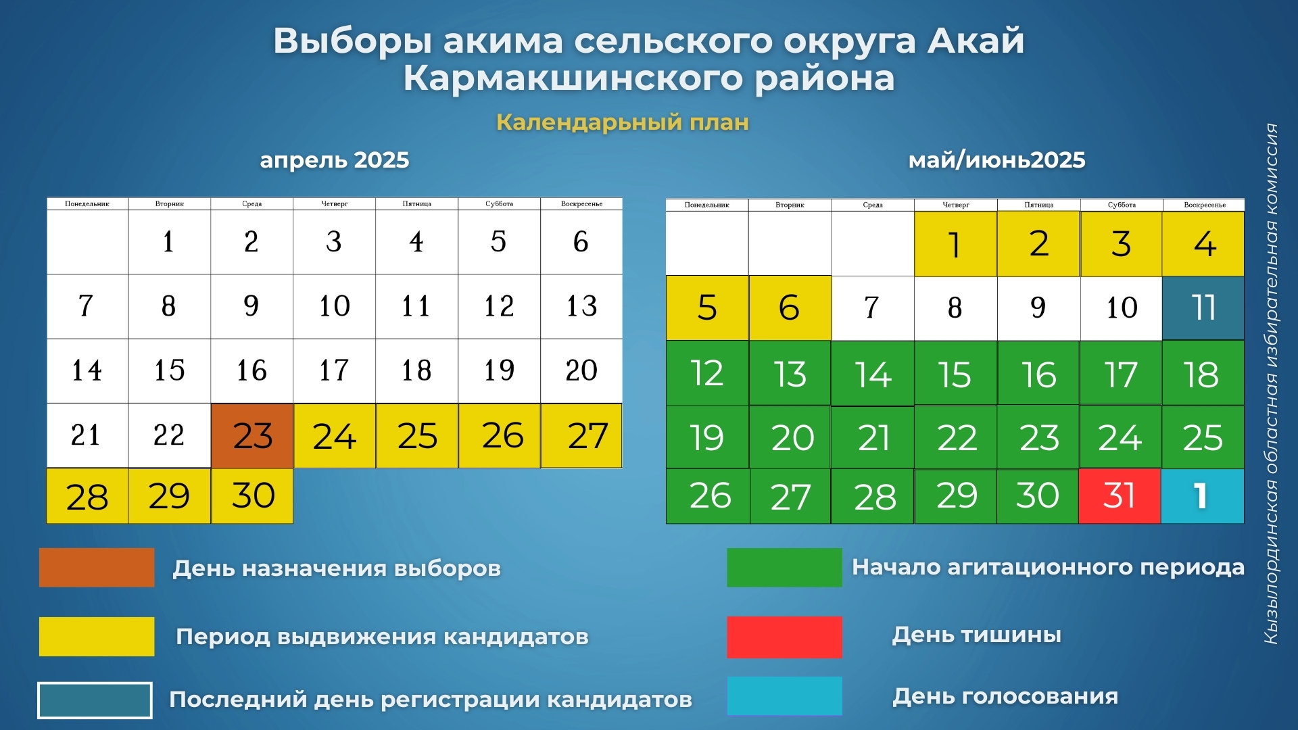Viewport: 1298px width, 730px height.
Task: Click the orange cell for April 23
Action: click(252, 436)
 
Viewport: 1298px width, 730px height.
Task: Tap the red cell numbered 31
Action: click(1120, 496)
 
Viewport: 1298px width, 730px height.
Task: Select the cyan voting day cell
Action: click(1203, 496)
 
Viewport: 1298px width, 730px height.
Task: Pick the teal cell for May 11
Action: click(1203, 308)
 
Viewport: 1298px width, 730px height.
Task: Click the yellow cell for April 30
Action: click(252, 496)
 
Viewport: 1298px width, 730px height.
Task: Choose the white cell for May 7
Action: click(873, 308)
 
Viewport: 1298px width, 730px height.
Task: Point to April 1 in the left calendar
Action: click(169, 242)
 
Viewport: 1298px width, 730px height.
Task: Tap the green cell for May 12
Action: click(707, 372)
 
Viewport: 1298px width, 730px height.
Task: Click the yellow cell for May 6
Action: click(790, 308)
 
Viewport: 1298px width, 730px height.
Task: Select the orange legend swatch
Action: click(97, 567)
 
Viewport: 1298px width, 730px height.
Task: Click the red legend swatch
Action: click(784, 637)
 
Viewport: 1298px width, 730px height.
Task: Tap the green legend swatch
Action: click(784, 567)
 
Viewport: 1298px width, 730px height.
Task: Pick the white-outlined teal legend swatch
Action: click(95, 700)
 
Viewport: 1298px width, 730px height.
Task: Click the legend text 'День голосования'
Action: click(1005, 696)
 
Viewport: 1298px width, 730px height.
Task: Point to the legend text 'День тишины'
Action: click(976, 635)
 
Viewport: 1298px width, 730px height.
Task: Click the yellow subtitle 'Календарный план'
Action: click(623, 122)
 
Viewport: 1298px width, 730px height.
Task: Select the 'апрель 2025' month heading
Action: click(335, 160)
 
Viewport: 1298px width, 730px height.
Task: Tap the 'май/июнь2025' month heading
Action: click(996, 160)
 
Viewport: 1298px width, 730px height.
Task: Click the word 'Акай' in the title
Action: click(976, 41)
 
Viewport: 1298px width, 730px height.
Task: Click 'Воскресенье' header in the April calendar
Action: click(581, 203)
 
